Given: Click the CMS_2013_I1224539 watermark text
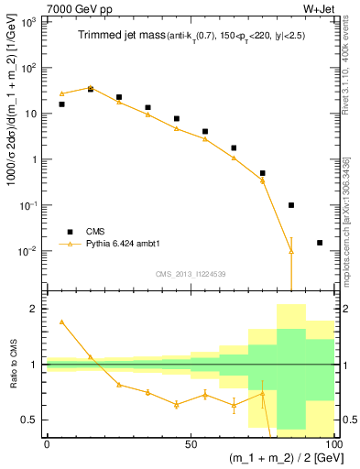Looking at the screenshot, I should point(191,272).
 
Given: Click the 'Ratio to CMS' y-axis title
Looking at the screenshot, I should point(12,364).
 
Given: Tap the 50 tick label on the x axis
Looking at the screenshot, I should point(191,443).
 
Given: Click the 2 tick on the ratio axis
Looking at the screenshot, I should point(36,309).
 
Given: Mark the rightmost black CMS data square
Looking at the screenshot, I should point(320,243).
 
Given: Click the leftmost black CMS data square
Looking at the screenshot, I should point(61,104).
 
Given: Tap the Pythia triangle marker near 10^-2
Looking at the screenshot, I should point(291,250).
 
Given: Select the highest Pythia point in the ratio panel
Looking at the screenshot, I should point(61,322).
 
